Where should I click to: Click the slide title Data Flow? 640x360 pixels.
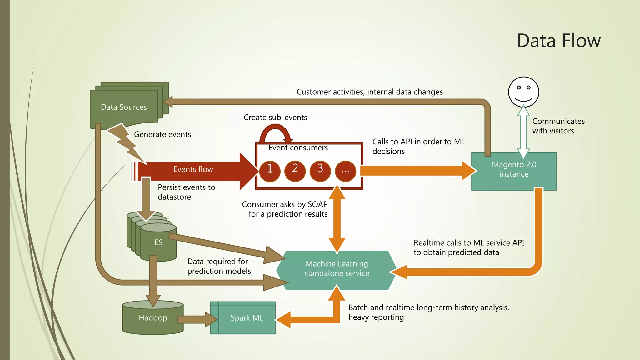pyautogui.click(x=558, y=41)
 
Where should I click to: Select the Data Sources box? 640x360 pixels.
pyautogui.click(x=124, y=107)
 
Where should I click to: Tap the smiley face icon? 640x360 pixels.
pyautogui.click(x=523, y=92)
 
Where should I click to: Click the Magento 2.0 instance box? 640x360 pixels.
pyautogui.click(x=514, y=171)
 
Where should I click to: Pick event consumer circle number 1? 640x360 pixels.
pyautogui.click(x=270, y=171)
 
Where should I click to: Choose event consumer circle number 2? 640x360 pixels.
pyautogui.click(x=295, y=171)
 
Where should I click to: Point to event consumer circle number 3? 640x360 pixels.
pyautogui.click(x=320, y=171)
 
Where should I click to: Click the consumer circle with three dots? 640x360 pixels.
pyautogui.click(x=345, y=171)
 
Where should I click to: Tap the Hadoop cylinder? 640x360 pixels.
pyautogui.click(x=153, y=318)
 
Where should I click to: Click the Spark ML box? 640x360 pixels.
pyautogui.click(x=247, y=318)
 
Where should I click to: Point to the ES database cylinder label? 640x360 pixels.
pyautogui.click(x=158, y=242)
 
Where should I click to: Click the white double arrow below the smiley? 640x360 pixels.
pyautogui.click(x=523, y=131)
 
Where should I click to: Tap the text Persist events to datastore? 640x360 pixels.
pyautogui.click(x=186, y=192)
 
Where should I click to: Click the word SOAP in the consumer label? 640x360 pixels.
pyautogui.click(x=317, y=204)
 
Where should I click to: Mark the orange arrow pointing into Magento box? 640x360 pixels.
pyautogui.click(x=416, y=171)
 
